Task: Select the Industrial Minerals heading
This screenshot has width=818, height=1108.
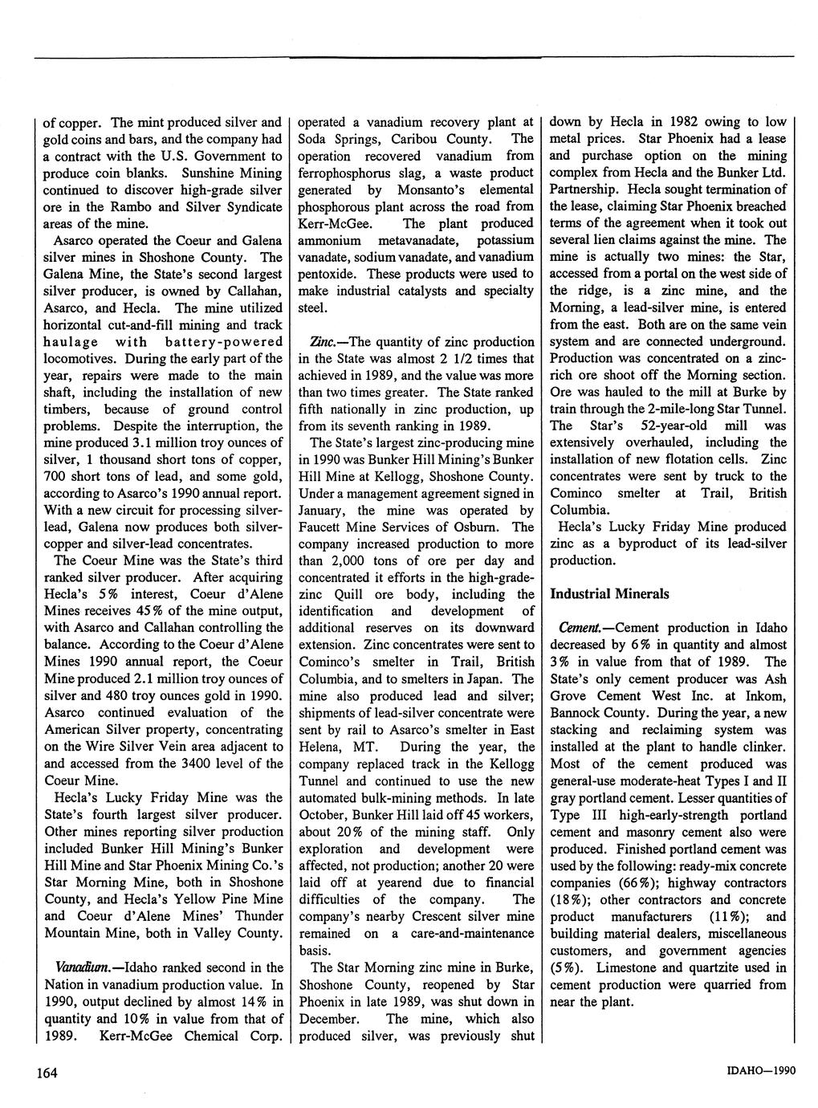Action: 609,594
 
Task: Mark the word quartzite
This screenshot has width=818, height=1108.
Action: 702,967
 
